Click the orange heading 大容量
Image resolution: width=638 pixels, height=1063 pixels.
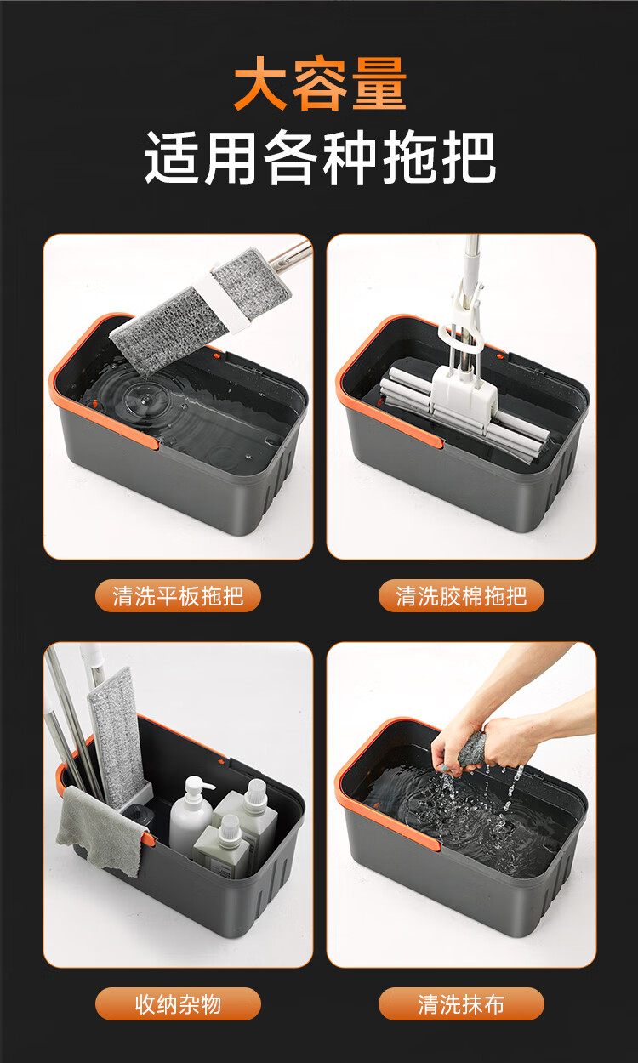320,83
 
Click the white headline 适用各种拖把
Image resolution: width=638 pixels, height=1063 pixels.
320,157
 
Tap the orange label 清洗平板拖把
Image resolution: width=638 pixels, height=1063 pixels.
178,596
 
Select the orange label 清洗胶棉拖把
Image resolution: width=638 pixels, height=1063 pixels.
461,596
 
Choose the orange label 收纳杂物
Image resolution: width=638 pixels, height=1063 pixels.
178,1004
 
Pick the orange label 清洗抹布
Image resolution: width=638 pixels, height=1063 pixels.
461,1004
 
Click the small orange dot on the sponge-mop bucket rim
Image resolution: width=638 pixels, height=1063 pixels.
499,355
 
